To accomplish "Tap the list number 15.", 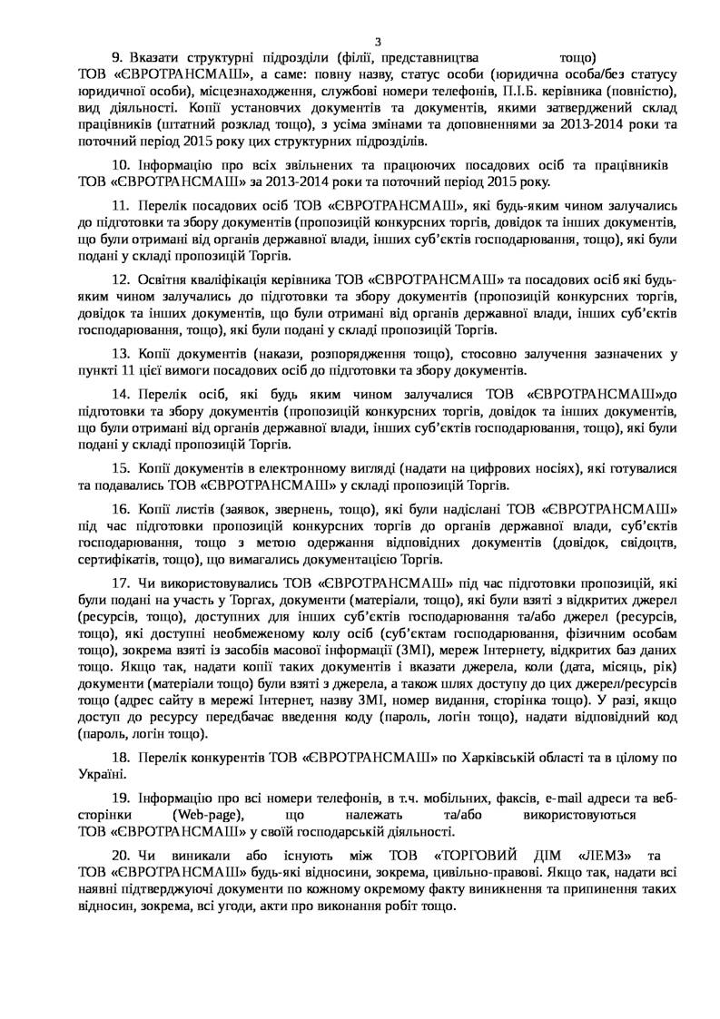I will (119, 468).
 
